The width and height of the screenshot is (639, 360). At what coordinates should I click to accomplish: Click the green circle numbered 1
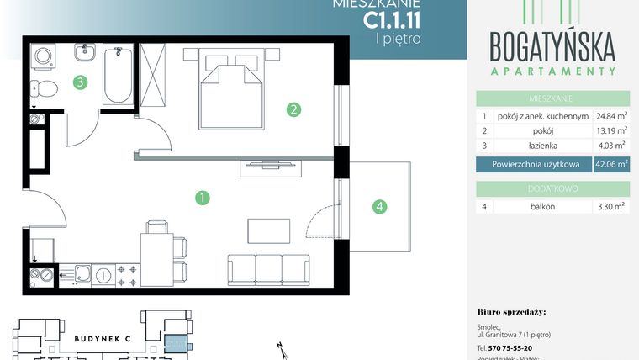(x=202, y=199)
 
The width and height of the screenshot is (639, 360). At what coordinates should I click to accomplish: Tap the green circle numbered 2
(x=293, y=109)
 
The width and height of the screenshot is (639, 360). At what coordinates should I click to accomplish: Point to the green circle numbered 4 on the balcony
(x=380, y=205)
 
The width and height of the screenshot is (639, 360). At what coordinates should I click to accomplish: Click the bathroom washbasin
(x=85, y=56)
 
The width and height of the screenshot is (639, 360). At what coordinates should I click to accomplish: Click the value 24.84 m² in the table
(x=612, y=116)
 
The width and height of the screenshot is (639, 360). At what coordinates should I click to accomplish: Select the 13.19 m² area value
(x=612, y=131)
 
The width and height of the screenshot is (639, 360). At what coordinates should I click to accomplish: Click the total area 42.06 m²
(x=612, y=166)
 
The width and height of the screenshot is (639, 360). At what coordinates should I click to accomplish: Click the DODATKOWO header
(x=553, y=189)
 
